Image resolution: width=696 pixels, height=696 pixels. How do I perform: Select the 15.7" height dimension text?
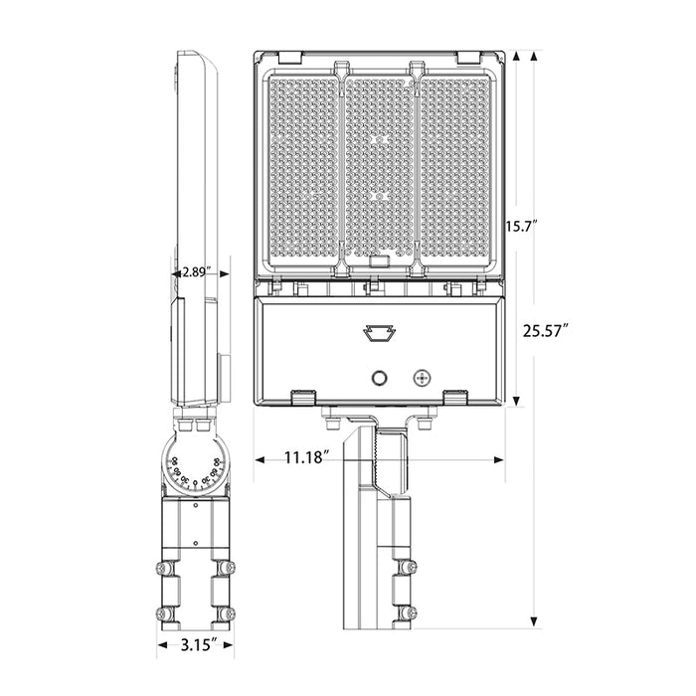[x=520, y=227]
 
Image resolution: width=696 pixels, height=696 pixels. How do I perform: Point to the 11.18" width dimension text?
[x=305, y=458]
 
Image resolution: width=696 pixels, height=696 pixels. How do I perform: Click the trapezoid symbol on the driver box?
[x=378, y=332]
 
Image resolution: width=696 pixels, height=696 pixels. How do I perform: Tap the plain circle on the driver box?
[x=379, y=378]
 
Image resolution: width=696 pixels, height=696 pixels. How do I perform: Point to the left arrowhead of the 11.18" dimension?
[x=260, y=458]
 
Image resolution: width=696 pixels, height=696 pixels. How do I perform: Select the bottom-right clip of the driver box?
[x=455, y=396]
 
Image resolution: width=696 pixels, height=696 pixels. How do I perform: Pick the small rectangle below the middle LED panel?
[x=378, y=263]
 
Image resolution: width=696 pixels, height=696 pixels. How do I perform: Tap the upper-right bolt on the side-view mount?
[x=230, y=569]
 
